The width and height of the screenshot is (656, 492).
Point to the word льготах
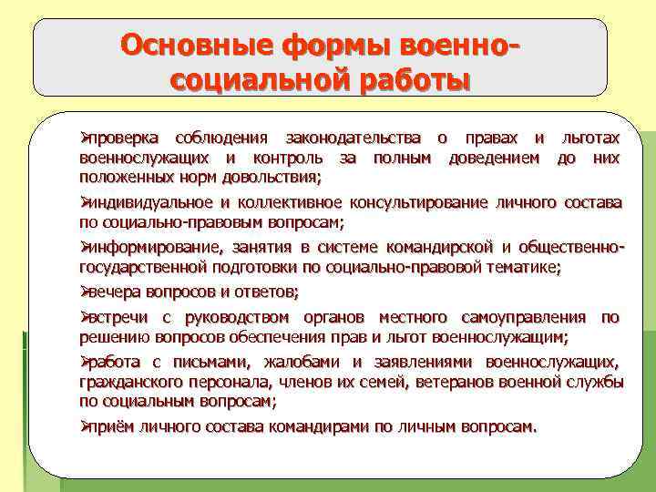(x=590, y=138)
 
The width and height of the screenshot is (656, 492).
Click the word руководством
(x=237, y=318)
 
